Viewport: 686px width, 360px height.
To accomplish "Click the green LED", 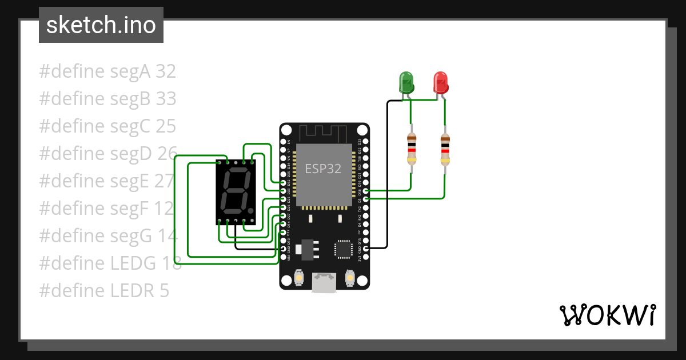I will click(406, 82).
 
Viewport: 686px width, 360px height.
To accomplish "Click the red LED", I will click(440, 82).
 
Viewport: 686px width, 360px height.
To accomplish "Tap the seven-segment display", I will click(235, 192).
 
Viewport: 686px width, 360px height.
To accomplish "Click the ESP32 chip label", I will click(323, 169).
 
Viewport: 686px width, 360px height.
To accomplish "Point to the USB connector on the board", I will click(324, 282).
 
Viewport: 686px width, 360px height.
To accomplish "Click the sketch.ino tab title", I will click(101, 25).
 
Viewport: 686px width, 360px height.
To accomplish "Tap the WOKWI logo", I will click(607, 315).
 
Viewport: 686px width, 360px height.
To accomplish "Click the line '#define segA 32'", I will click(107, 71).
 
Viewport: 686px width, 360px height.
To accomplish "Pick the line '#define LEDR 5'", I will click(104, 291).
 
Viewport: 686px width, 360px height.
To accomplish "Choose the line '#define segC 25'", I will click(107, 126).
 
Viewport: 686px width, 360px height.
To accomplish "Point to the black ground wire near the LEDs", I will click(387, 171).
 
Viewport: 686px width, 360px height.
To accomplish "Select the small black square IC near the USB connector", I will click(344, 249).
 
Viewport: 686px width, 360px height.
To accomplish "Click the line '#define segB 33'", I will click(107, 99).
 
